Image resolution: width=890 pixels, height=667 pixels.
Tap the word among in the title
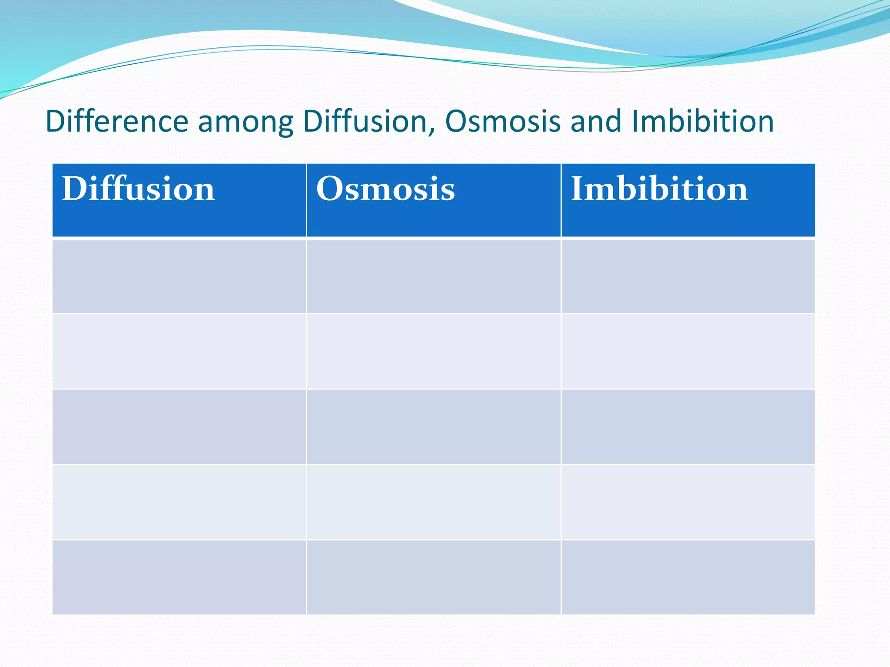coord(246,122)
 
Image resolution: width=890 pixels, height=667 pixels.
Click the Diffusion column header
coord(138,189)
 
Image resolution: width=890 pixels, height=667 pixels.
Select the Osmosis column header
coord(385,189)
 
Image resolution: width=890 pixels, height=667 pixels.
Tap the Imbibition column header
coord(659,189)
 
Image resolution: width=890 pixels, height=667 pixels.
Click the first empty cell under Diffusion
coord(179,276)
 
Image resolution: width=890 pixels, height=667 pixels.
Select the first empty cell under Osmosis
coord(433,276)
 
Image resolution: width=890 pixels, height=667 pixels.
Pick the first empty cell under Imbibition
coord(688,276)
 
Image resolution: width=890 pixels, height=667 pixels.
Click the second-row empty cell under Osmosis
coord(433,351)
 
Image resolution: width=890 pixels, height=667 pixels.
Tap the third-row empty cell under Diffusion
coord(179,426)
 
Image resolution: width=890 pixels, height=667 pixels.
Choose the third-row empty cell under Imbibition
coord(688,426)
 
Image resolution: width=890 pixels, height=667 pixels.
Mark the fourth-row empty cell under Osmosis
coord(433,502)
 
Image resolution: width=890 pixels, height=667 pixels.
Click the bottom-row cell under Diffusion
coord(179,577)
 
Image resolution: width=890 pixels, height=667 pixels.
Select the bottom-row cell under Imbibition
coord(688,577)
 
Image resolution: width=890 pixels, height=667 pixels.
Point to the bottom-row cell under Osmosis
coord(433,577)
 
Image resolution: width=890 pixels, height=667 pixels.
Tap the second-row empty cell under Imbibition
coord(688,351)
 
